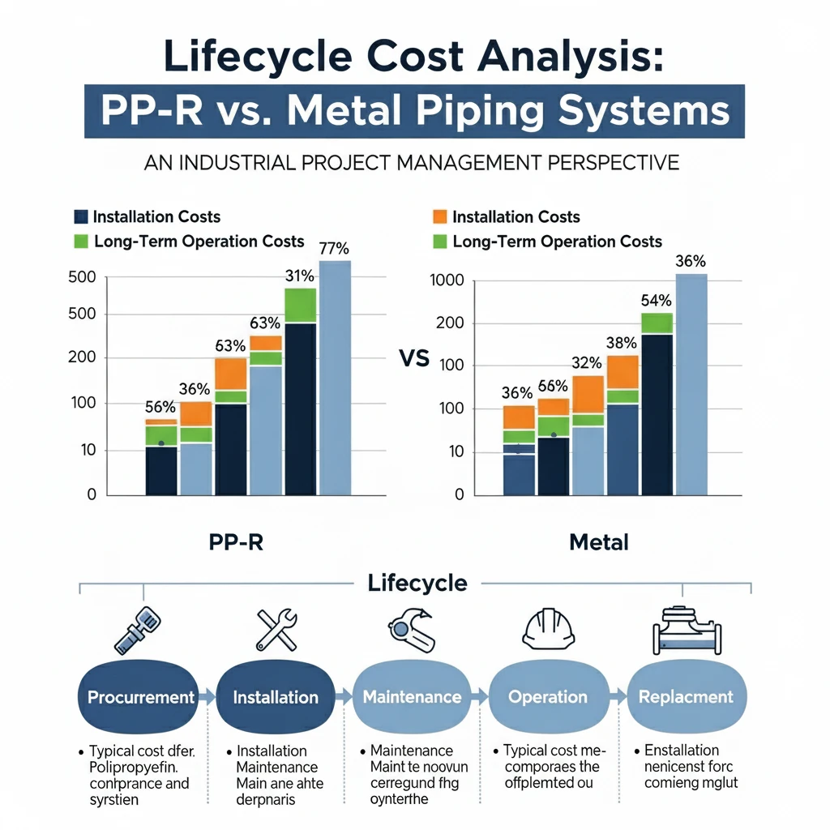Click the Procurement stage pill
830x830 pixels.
tap(141, 697)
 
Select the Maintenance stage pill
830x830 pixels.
tap(412, 697)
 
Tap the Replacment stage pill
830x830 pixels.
tap(686, 697)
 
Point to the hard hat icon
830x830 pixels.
tap(548, 629)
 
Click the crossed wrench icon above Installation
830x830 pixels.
tap(276, 629)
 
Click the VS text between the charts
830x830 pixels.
tap(414, 359)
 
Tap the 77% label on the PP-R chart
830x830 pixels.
tap(334, 250)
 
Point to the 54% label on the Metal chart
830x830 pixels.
tap(657, 301)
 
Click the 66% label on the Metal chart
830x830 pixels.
tap(553, 386)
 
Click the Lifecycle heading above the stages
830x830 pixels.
tap(417, 583)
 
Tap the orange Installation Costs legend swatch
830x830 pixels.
tap(440, 216)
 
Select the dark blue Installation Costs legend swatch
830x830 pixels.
tap(80, 216)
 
